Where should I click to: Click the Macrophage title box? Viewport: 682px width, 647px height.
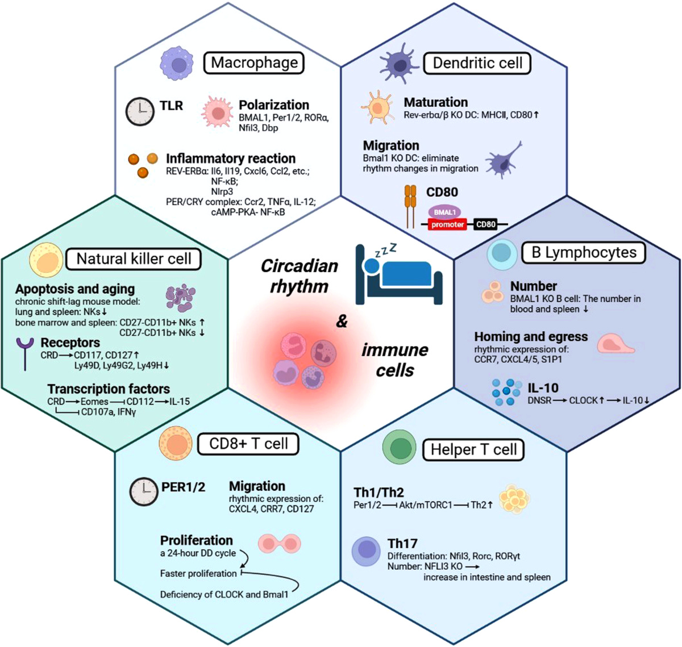[254, 62]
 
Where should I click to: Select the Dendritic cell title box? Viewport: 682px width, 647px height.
[477, 63]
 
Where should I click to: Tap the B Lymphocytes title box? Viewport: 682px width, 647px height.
[584, 252]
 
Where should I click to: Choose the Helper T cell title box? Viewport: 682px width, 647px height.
[473, 449]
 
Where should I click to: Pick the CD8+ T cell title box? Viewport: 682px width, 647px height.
[248, 444]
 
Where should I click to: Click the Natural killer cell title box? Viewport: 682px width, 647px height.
[134, 259]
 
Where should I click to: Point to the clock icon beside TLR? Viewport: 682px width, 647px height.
[140, 111]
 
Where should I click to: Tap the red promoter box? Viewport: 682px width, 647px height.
[448, 224]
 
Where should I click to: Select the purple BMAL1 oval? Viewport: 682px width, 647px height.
[445, 212]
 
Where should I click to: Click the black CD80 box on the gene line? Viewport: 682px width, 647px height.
[486, 224]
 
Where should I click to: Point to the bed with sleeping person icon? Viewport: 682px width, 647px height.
[398, 273]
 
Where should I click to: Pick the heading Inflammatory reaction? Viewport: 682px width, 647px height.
[230, 158]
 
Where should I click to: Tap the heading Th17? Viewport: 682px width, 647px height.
[402, 543]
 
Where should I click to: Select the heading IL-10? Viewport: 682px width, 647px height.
[543, 388]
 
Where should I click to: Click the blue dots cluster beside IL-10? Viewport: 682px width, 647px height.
[506, 391]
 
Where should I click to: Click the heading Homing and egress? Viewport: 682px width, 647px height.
[531, 337]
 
